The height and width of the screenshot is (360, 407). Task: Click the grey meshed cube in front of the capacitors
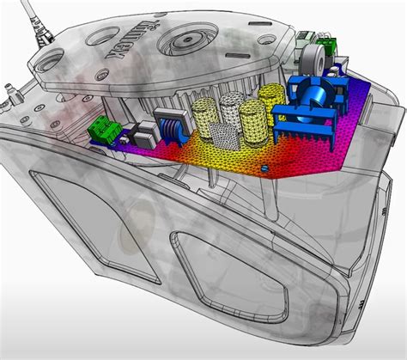click(x=222, y=134)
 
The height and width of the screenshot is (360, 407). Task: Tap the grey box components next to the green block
click(x=143, y=133)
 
